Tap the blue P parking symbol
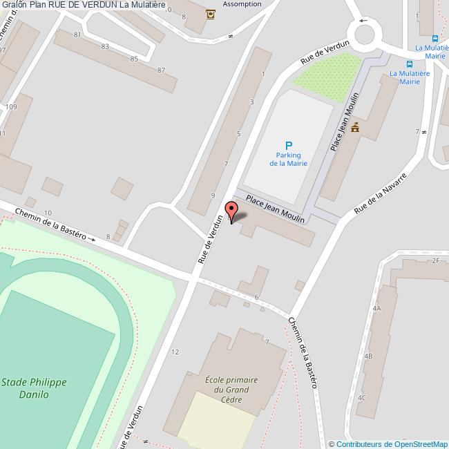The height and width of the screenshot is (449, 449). click(x=288, y=146)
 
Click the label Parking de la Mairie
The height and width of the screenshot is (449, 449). click(x=288, y=159)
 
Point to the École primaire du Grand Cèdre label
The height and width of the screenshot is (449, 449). click(x=231, y=389)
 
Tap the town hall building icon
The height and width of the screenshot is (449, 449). click(x=356, y=127)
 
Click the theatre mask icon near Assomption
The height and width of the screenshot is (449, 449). click(x=210, y=13)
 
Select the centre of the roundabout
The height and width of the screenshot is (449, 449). click(x=363, y=30)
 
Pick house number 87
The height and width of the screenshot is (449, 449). click(x=161, y=70)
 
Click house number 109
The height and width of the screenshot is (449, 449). click(x=11, y=107)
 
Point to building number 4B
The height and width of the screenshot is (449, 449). click(x=368, y=356)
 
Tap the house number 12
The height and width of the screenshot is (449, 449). click(x=175, y=352)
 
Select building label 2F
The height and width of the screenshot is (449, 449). click(x=435, y=260)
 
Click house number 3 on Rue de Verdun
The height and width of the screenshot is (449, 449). click(x=251, y=102)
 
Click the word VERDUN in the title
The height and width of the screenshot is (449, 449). click(x=99, y=5)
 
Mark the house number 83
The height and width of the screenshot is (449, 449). click(x=105, y=46)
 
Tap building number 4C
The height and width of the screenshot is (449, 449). click(x=362, y=398)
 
